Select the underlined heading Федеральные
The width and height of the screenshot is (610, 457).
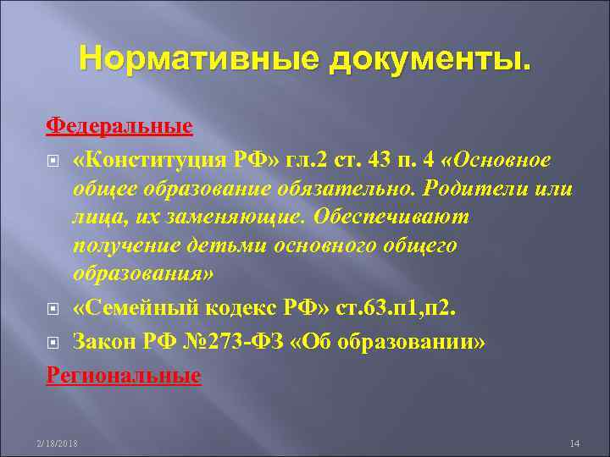tap(119, 127)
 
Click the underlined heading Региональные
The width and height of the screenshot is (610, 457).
tap(123, 375)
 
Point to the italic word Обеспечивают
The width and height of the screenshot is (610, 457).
tap(391, 217)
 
